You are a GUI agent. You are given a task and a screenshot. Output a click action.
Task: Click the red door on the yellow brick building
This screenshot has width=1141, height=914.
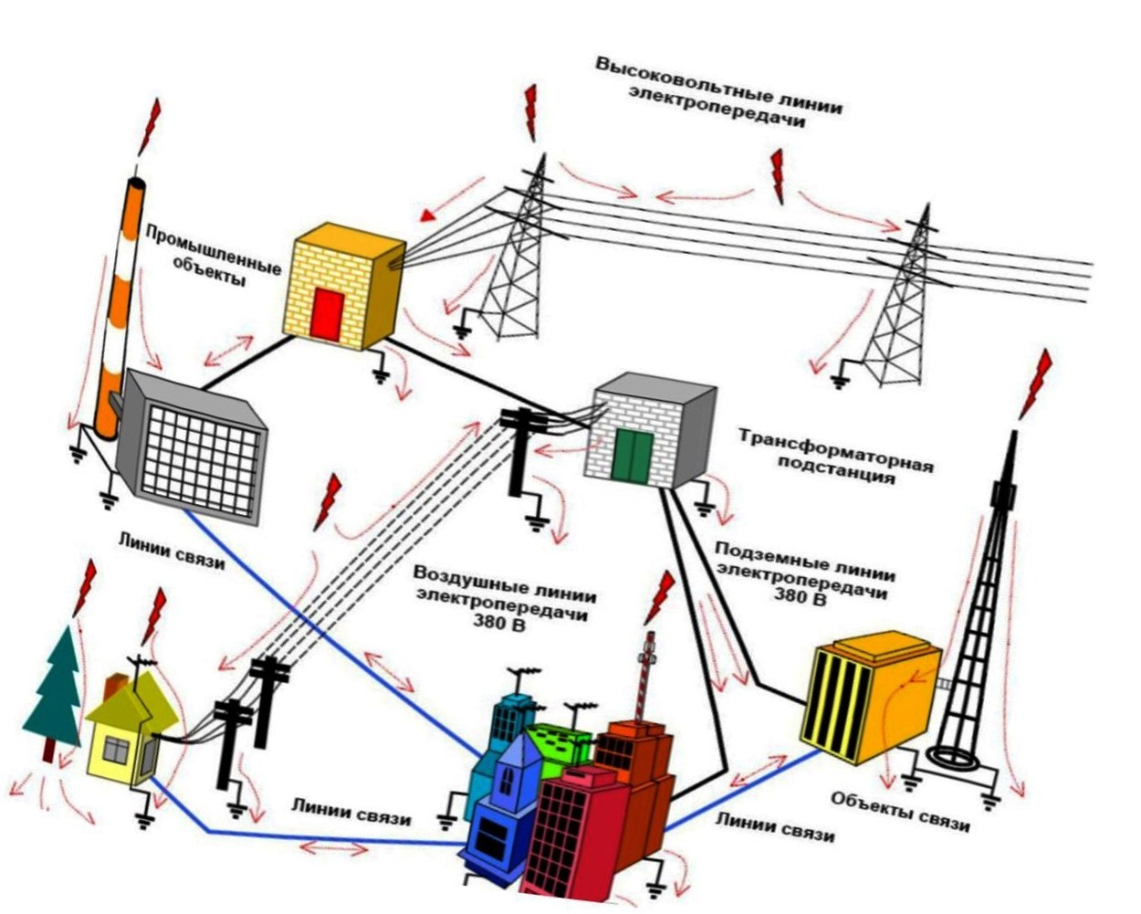click(326, 313)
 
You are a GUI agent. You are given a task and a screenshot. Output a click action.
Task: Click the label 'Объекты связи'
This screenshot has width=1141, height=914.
click(899, 811)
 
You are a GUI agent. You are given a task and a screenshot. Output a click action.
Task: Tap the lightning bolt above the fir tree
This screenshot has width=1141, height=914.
click(85, 589)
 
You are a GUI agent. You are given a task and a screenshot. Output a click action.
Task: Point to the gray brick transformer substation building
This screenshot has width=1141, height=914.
click(650, 434)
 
